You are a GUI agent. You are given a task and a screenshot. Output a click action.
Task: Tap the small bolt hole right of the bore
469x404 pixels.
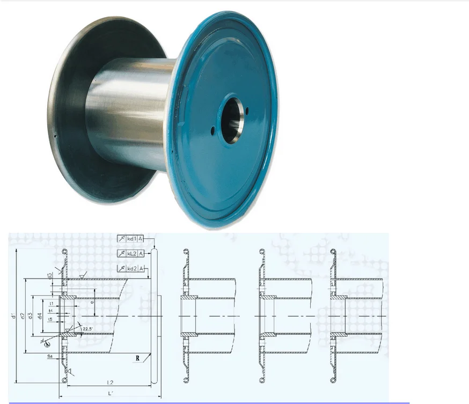click(247, 111)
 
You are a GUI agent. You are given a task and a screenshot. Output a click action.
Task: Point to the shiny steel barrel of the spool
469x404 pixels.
click(129, 107)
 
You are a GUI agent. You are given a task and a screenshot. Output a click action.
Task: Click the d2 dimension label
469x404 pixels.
click(23, 317)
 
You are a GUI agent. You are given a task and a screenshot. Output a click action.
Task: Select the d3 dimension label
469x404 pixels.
click(31, 316)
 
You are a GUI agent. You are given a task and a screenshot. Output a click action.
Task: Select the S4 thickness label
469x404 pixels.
click(49, 356)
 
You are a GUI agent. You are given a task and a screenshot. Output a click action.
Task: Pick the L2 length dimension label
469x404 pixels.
click(109, 383)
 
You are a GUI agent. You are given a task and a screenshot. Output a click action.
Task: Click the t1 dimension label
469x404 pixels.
click(51, 303)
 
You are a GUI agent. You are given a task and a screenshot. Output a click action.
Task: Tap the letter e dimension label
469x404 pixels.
click(92, 302)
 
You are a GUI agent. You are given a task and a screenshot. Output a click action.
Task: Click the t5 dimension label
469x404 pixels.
click(50, 320)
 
